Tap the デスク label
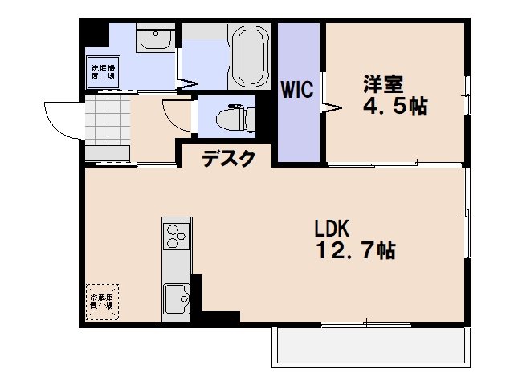pyautogui.click(x=228, y=159)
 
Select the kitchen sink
pyautogui.click(x=176, y=298)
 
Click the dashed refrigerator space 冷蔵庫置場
pyautogui.click(x=102, y=302)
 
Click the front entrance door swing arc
pyautogui.click(x=58, y=120)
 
